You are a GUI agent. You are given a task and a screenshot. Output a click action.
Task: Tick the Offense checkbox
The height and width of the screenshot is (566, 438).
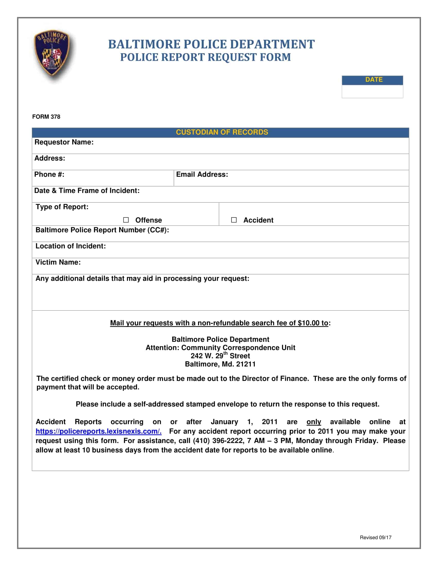126,220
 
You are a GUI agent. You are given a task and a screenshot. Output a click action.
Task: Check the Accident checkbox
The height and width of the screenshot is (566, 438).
234,220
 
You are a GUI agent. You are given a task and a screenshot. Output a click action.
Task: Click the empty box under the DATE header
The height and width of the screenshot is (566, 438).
372,92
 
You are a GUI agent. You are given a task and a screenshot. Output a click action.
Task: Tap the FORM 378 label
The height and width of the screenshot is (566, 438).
46,117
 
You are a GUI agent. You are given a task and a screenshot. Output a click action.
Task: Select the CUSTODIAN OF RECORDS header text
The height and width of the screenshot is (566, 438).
222,132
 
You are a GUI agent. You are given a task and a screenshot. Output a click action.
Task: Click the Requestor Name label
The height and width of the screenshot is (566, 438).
64,142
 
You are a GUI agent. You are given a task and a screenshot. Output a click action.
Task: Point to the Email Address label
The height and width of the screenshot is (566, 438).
202,174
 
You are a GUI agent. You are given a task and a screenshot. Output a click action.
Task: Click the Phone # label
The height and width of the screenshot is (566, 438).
49,174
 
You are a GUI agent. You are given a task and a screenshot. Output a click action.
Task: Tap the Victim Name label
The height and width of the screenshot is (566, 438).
58,262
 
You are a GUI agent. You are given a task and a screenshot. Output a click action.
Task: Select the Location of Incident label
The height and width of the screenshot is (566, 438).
71,246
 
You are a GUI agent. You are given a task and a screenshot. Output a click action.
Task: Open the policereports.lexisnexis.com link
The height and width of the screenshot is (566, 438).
98,431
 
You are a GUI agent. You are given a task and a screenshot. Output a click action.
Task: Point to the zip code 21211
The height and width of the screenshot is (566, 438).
246,364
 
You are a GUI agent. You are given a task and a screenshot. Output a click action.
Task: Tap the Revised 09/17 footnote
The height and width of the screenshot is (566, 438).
375,537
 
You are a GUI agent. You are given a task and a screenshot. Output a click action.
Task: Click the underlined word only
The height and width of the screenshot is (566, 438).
314,422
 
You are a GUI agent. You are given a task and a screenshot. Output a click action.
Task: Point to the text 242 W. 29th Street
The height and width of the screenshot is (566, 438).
220,356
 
